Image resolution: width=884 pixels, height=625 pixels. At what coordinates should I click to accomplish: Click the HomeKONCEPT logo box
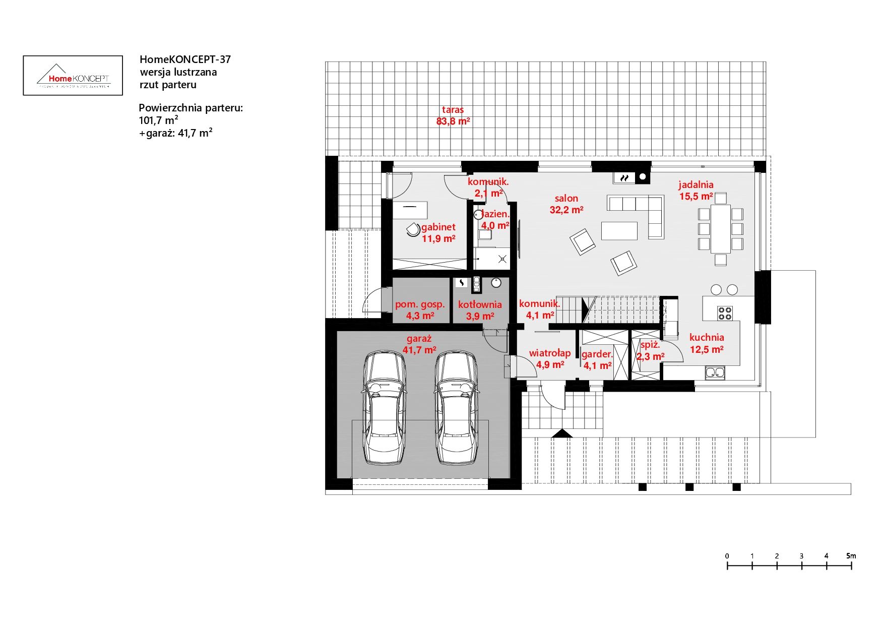[x=73, y=75]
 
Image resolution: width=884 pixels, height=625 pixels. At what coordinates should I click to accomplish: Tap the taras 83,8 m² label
[x=453, y=115]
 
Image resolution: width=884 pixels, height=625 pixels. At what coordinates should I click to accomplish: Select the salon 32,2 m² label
[x=566, y=204]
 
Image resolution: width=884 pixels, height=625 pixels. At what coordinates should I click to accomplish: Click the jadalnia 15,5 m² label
[x=696, y=191]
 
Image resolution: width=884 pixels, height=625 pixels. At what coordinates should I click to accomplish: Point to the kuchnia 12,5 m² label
[x=707, y=343]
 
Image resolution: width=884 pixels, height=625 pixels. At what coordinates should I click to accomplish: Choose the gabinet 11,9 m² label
[x=438, y=233]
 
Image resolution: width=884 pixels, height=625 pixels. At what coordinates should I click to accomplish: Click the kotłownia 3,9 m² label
[x=480, y=310]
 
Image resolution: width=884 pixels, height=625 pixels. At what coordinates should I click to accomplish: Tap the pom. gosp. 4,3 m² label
[x=420, y=310]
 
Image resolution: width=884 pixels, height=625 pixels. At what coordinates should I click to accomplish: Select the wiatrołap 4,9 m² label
[x=549, y=359]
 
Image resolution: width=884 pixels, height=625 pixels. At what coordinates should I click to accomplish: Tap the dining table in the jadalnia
[x=720, y=228]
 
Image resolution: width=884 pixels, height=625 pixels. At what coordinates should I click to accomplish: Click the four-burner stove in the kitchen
[x=725, y=314]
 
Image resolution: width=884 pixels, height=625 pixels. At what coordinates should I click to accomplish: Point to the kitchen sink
[x=715, y=373]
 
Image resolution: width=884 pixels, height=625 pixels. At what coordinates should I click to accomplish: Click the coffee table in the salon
[x=619, y=231]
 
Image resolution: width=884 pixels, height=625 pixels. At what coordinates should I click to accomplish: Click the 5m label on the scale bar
[x=851, y=556]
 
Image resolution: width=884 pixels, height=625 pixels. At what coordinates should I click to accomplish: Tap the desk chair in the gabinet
[x=413, y=229]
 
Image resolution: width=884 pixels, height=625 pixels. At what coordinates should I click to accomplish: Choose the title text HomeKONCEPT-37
[x=185, y=59]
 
